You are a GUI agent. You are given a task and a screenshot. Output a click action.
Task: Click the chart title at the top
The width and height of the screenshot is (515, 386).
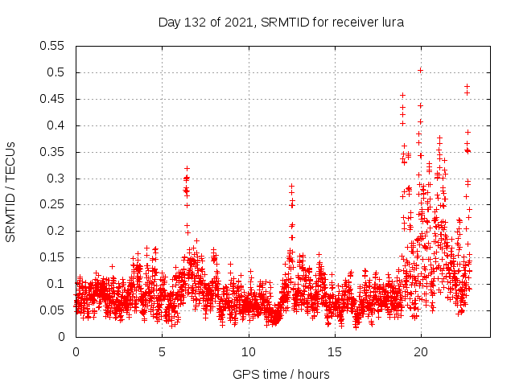281,22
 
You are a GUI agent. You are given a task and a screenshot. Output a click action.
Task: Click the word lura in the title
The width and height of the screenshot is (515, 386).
391,22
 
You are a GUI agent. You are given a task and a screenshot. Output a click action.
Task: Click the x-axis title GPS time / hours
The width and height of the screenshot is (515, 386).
281,374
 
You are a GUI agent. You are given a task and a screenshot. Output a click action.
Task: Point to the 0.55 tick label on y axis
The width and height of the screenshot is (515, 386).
53,46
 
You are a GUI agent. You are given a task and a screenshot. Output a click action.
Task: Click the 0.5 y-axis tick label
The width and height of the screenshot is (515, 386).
56,72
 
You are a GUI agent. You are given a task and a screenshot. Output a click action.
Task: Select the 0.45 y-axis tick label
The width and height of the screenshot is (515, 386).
53,99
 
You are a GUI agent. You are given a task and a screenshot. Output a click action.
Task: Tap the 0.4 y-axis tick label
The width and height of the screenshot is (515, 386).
56,125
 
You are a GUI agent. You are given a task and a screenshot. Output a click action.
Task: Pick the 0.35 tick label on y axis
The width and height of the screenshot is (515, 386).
53,152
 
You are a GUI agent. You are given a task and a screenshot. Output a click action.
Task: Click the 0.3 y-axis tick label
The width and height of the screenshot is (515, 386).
56,179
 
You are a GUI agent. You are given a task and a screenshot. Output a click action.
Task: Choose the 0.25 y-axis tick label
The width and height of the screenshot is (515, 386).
53,204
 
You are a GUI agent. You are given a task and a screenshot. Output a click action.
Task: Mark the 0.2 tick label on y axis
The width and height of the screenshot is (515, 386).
56,231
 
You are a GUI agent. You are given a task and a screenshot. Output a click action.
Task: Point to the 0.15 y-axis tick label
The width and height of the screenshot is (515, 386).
53,257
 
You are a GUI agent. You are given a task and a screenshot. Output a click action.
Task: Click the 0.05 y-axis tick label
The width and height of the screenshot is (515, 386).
53,310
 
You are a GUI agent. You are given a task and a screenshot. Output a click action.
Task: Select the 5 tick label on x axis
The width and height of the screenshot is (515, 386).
162,352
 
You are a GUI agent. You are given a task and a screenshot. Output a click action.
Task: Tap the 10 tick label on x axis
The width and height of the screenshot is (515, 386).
248,352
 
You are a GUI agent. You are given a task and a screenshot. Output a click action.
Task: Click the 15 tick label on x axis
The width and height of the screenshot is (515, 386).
334,352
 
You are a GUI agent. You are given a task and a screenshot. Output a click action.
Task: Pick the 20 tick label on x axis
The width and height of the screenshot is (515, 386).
420,352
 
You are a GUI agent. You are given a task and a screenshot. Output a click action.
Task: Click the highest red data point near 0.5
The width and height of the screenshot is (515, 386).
420,70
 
